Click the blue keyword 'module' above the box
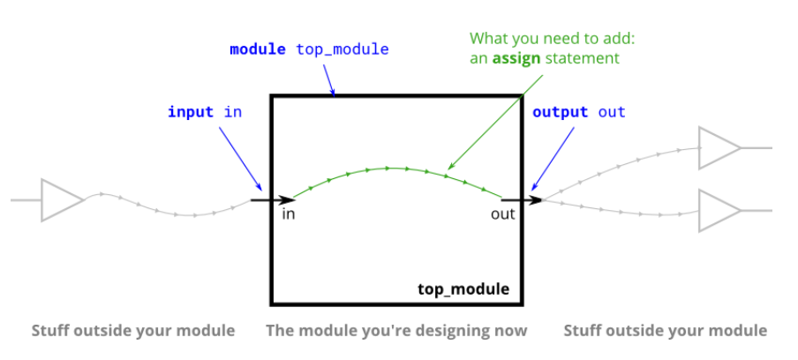coord(257,49)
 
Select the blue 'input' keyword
coord(191,112)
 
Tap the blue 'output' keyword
coord(560,112)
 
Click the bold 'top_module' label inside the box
coord(463,289)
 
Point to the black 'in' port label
coord(289,214)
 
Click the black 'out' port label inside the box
coord(502,214)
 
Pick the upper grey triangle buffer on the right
coord(719,147)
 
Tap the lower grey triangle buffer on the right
coord(719,211)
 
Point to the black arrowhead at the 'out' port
coord(534,200)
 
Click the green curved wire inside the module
coord(388,168)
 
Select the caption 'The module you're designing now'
coord(397,331)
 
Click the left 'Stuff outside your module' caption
coord(133,331)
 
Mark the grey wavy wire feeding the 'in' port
coord(168,208)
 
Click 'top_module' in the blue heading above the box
coord(342,49)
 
